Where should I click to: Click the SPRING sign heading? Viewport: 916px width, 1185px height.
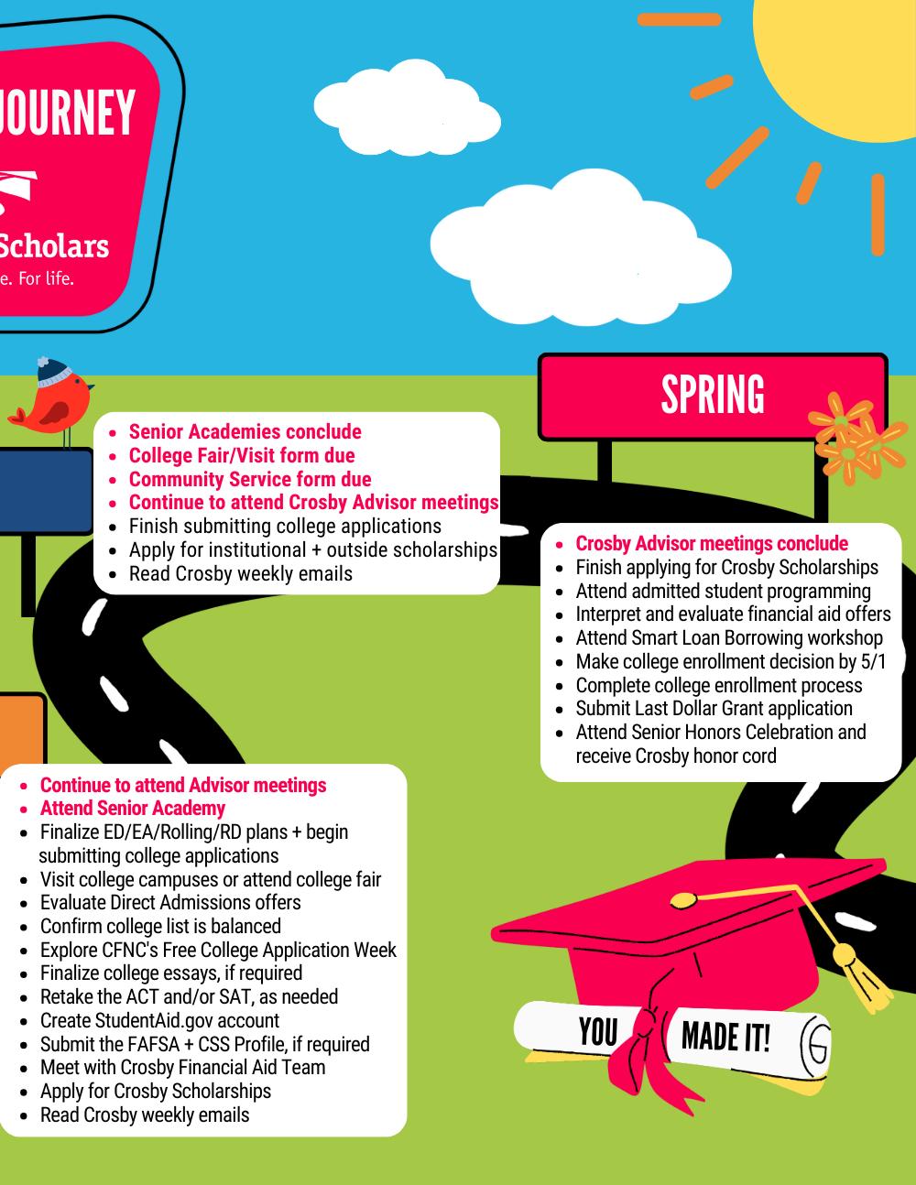(713, 395)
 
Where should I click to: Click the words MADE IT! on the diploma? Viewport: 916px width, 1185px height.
(725, 1038)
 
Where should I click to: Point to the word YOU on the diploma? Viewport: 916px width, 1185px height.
(598, 1032)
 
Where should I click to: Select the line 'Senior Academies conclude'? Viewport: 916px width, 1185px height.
(245, 432)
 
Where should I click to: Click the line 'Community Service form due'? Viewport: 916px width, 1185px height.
(249, 479)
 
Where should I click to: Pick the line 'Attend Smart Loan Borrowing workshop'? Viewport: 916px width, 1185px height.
(729, 638)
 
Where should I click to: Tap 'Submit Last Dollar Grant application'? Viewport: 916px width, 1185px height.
(714, 709)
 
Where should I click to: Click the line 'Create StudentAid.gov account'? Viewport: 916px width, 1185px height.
(159, 1020)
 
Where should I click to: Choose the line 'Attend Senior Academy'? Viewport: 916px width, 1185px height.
(133, 809)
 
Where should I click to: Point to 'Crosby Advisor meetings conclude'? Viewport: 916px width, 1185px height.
(712, 544)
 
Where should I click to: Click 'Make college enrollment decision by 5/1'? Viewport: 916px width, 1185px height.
(731, 661)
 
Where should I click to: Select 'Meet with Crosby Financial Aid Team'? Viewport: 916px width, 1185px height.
(182, 1068)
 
